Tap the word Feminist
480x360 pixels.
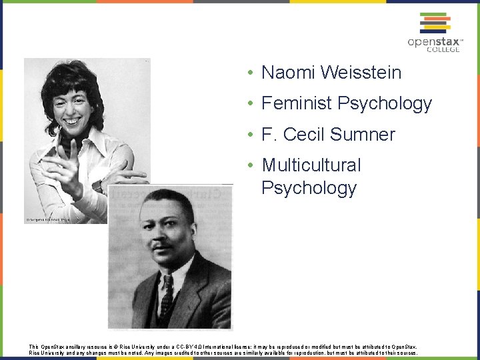(x=297, y=103)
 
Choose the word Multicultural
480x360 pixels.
(x=311, y=165)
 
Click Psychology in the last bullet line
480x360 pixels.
(x=309, y=188)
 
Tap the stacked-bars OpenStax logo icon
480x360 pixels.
(x=434, y=23)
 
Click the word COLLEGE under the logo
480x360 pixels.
(x=443, y=49)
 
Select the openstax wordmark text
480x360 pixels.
(x=433, y=41)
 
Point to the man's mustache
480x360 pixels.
(x=163, y=244)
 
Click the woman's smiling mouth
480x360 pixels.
(x=71, y=121)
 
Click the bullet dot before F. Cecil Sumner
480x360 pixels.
(x=248, y=135)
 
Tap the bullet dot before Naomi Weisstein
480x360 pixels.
(x=248, y=73)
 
